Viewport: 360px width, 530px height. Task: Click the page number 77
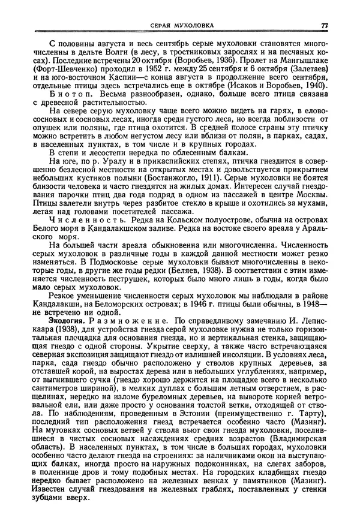coord(324,25)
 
